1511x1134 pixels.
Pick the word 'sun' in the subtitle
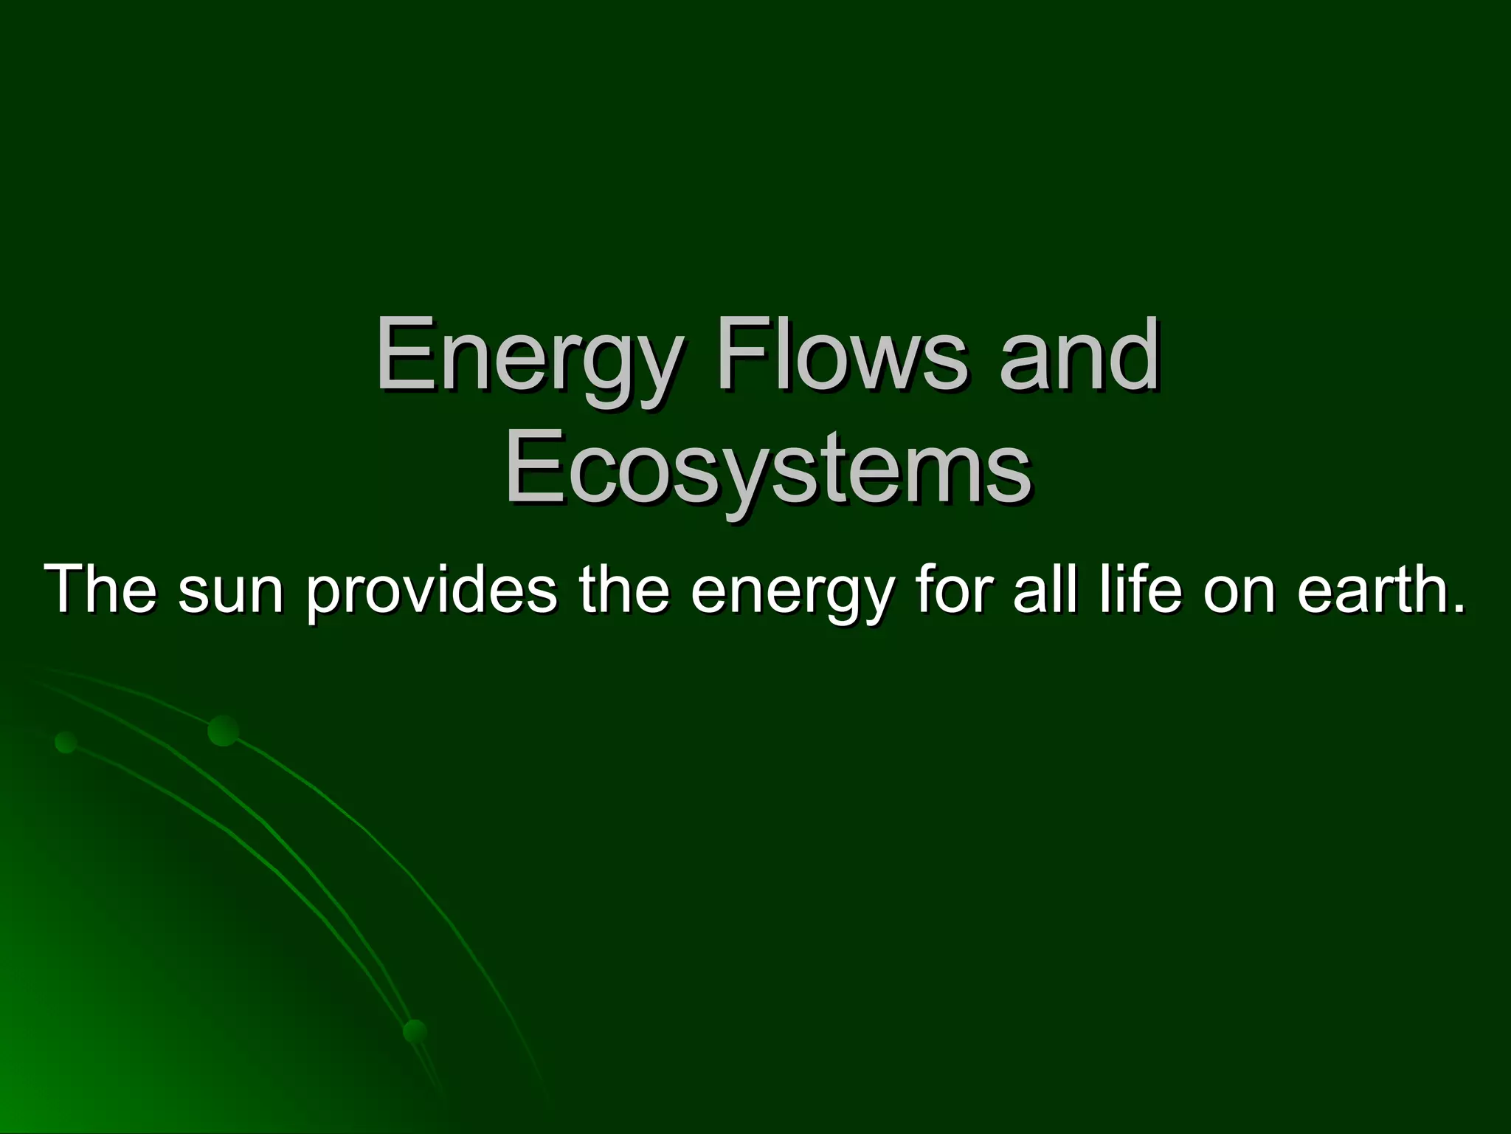(231, 591)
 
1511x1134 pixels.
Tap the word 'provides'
(432, 590)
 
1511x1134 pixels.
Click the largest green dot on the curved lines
(223, 730)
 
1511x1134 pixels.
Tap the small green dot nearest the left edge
(66, 742)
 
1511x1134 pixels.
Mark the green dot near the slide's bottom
(415, 1031)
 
